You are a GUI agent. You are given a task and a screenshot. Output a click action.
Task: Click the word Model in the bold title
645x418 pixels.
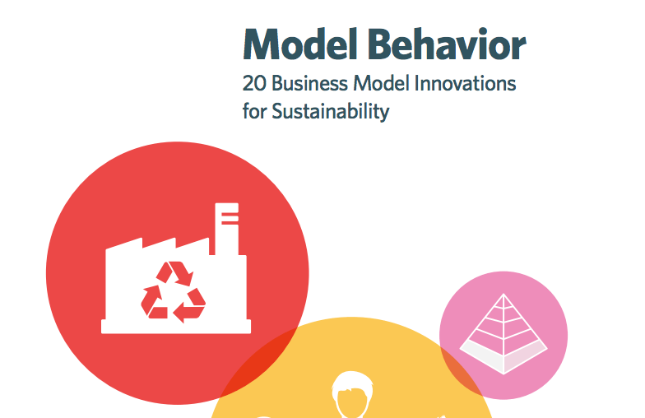pos(299,44)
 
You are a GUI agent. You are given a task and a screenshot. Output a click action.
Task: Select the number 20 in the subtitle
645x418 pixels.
pos(254,84)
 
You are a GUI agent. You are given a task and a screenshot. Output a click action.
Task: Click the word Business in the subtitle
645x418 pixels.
pos(309,83)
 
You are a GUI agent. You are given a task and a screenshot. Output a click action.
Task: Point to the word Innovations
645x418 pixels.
pos(465,83)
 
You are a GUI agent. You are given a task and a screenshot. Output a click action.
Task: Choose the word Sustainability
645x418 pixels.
pos(331,111)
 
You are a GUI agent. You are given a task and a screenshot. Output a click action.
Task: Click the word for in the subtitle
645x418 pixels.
pos(255,111)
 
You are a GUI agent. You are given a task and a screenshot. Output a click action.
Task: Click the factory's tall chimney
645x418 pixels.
pos(227,229)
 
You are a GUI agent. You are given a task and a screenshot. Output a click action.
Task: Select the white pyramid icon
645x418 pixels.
pos(503,334)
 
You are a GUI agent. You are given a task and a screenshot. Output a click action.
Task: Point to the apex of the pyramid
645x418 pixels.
pos(503,294)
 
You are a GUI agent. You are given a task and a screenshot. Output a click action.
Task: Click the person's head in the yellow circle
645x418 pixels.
pos(352,393)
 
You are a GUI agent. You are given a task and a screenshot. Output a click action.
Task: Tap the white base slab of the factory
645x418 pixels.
pos(176,327)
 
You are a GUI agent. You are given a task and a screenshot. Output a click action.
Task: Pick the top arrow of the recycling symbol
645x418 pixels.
pos(175,273)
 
